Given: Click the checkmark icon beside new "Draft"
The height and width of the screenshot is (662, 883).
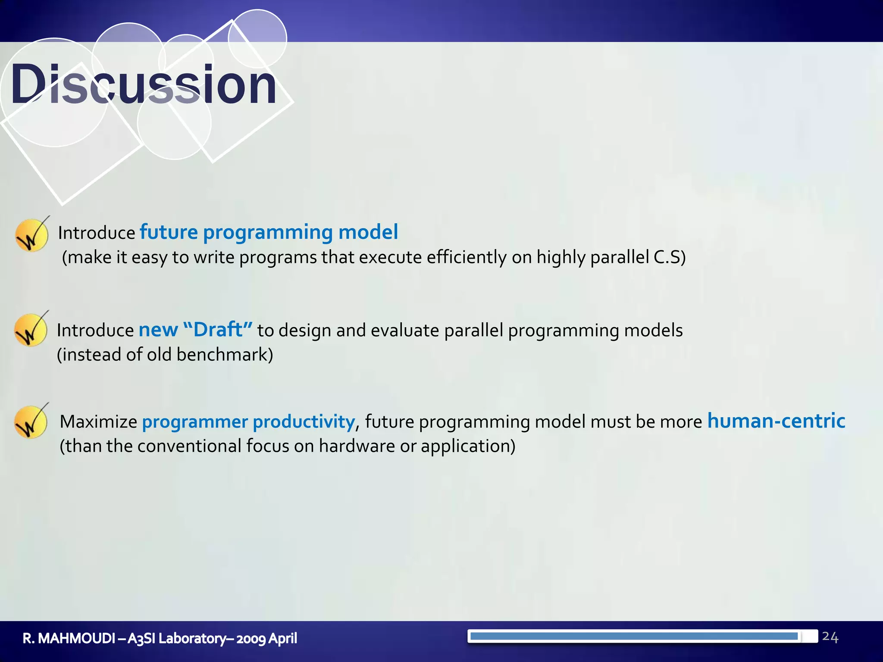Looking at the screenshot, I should (31, 330).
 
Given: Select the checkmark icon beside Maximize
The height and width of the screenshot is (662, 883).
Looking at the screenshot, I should (31, 422).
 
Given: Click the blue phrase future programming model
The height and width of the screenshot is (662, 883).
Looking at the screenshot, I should (269, 232).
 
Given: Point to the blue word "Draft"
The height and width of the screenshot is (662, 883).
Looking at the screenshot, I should (218, 330).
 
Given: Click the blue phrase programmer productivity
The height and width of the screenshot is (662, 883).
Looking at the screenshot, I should (248, 422).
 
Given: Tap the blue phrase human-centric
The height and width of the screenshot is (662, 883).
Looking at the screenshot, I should (776, 421).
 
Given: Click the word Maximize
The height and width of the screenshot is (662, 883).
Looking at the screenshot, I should (98, 422).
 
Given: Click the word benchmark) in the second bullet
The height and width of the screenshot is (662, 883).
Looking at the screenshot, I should (225, 355).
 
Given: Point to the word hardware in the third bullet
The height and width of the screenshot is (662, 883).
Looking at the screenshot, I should (357, 446).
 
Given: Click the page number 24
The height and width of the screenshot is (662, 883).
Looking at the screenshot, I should (830, 637).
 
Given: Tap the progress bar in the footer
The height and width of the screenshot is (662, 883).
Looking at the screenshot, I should (642, 636).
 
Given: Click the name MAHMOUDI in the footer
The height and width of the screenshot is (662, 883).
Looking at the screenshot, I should (77, 638).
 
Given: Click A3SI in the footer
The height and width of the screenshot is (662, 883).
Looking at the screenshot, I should (141, 638).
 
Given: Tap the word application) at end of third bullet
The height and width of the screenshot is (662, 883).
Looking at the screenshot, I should (468, 446).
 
